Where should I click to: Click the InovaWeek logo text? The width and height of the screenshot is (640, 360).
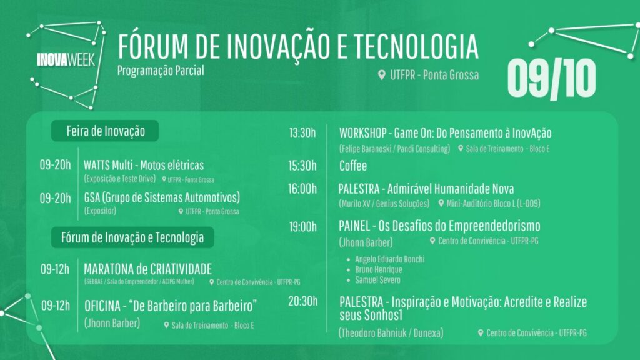(66, 60)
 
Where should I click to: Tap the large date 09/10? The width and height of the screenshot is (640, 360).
(551, 78)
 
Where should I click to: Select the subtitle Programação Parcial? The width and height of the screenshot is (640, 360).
(161, 71)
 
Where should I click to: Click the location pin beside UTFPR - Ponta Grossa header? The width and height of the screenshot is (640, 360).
(382, 75)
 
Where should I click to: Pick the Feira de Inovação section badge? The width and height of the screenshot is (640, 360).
(105, 131)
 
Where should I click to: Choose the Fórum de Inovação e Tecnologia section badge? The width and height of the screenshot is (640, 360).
(132, 237)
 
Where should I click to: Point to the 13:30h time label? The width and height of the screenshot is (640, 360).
(302, 132)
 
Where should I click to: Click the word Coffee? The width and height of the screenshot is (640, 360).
(353, 166)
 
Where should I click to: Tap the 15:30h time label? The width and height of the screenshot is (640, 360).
(302, 166)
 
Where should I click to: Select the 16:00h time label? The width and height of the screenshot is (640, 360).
(302, 189)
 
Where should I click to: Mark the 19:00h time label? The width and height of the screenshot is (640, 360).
(303, 226)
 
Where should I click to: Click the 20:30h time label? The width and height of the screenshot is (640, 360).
(303, 301)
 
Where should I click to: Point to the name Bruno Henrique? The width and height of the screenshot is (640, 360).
(379, 270)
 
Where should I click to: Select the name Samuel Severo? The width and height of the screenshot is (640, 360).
(377, 280)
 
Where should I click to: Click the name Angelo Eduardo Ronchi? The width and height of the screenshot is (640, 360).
(390, 259)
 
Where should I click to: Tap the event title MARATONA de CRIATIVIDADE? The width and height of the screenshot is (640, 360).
(147, 269)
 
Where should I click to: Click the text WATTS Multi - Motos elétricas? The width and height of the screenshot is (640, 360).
(144, 165)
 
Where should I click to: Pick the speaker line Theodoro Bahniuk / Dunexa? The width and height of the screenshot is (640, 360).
(391, 333)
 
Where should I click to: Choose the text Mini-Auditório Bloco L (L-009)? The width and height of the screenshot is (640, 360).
(493, 203)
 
